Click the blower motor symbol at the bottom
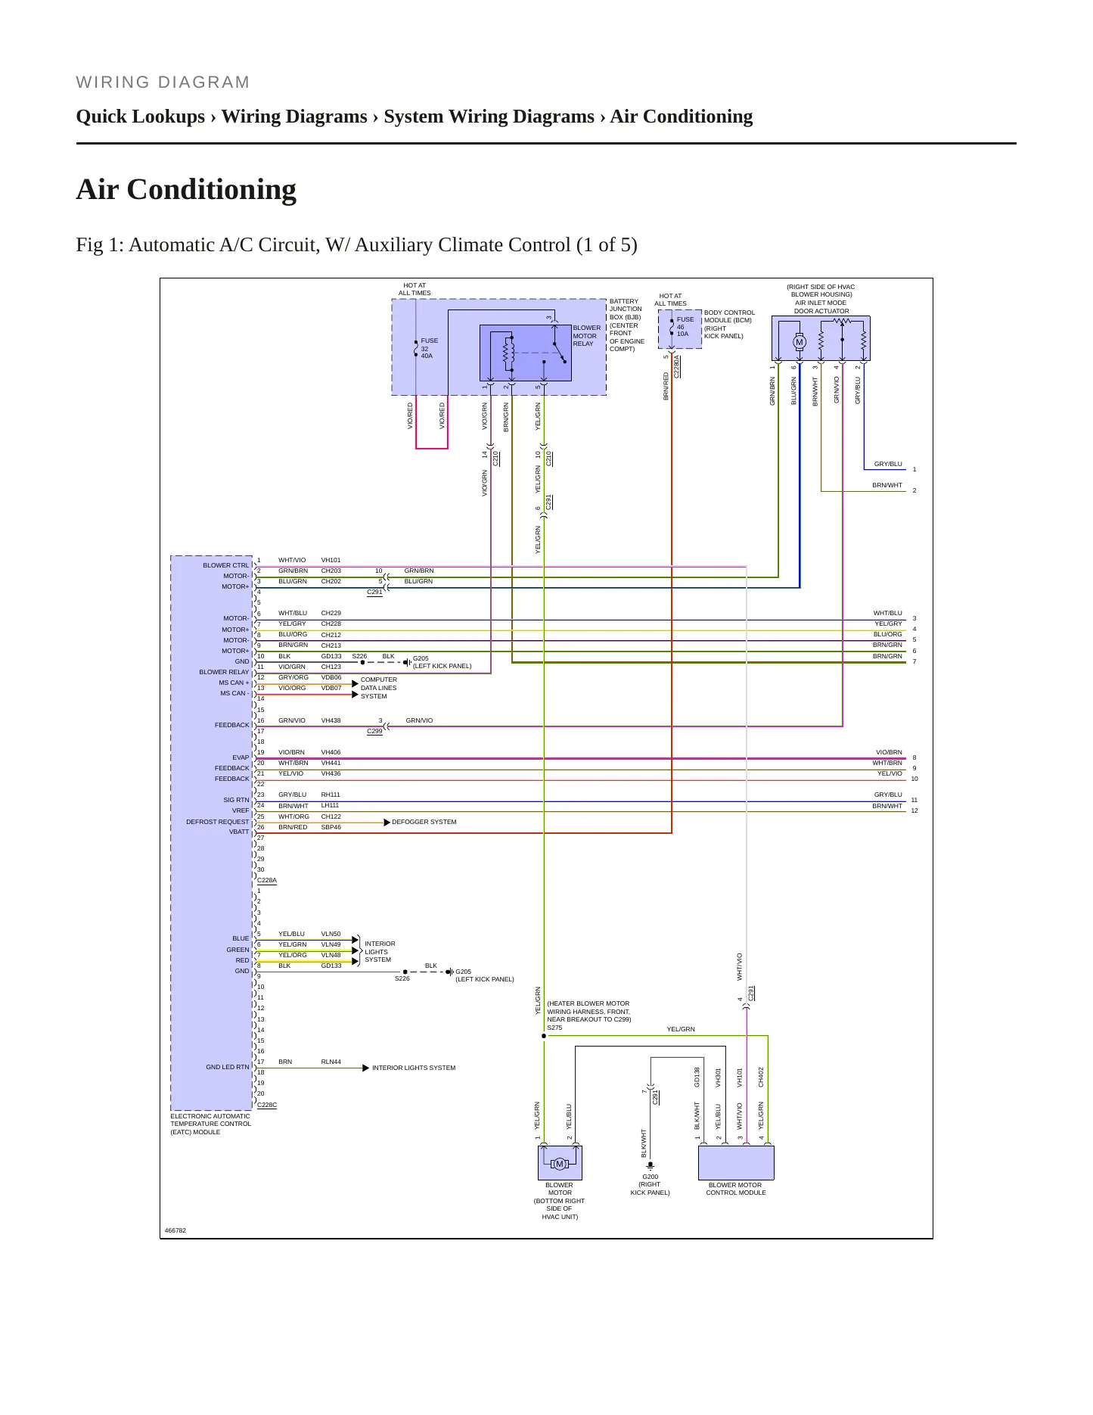[x=560, y=1164]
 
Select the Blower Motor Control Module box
[x=736, y=1162]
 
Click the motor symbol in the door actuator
[x=800, y=342]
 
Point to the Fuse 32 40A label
[x=428, y=348]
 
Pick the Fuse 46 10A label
[x=685, y=326]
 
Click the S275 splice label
[x=554, y=1028]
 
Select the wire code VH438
[x=331, y=720]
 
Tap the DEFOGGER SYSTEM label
[x=424, y=822]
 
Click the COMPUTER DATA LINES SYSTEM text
[x=378, y=688]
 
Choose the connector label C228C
[x=267, y=1105]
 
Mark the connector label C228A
[x=267, y=880]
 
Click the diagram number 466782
[x=175, y=1230]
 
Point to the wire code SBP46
[x=331, y=827]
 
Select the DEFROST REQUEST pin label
[x=217, y=822]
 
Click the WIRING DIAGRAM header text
[x=163, y=82]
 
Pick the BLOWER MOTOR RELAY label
[x=586, y=336]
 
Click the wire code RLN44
[x=331, y=1062]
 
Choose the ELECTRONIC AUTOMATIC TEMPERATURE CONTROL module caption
[x=210, y=1124]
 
